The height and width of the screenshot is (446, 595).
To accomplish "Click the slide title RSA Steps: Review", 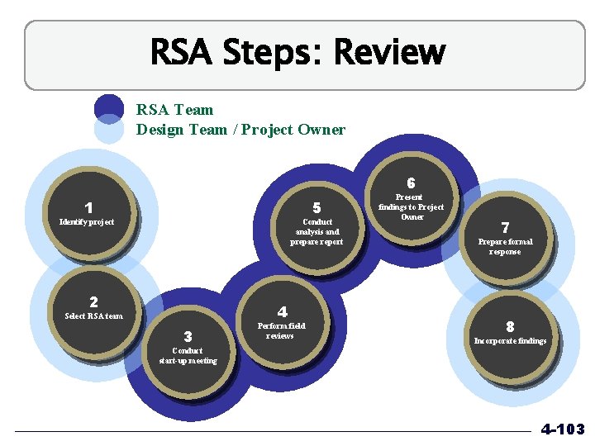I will [297, 53].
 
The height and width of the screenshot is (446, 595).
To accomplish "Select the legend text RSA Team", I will [174, 110].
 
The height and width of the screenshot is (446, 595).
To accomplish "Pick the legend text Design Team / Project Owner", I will [240, 130].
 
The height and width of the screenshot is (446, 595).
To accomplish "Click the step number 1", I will [88, 208].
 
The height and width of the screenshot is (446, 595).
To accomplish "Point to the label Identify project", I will [87, 221].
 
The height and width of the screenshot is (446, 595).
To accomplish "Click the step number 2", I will [93, 302].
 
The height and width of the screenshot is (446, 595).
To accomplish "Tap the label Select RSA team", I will [93, 316].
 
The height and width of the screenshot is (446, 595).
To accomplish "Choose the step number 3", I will [188, 337].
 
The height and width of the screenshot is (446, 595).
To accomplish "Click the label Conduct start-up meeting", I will [188, 355].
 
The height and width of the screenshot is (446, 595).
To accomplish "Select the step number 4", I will [282, 312].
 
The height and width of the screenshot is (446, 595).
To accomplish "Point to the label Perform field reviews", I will [281, 330].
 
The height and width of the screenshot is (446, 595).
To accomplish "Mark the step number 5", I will [317, 208].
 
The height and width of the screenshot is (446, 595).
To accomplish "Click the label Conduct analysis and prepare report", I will [317, 232].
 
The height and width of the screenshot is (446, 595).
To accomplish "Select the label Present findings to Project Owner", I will [411, 207].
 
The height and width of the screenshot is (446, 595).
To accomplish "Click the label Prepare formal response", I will [505, 246].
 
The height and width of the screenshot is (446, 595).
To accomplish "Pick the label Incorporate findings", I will [510, 340].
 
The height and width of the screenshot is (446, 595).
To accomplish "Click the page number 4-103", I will [562, 429].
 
